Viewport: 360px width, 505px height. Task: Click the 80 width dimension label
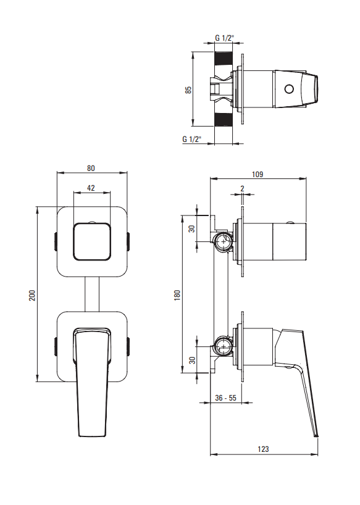91,168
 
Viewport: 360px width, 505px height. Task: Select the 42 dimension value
91,188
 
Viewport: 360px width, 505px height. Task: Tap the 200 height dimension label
32,295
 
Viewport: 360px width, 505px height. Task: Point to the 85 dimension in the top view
188,90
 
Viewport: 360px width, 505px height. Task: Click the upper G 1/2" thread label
225,38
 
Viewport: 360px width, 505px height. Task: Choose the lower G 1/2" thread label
192,139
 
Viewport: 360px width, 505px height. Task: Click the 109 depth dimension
257,174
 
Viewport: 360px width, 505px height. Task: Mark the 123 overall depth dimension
263,449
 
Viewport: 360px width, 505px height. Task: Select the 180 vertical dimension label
177,295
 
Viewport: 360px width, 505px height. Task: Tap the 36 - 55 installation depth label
225,398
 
